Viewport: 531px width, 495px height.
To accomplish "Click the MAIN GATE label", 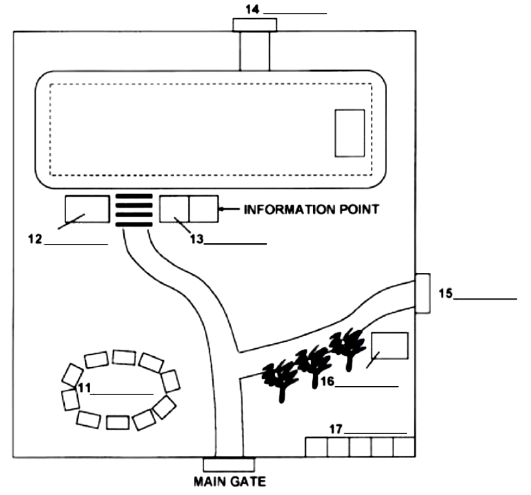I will click(x=229, y=481).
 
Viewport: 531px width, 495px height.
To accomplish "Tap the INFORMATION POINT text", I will click(x=311, y=210).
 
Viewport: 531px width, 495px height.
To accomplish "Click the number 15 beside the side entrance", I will click(x=445, y=293).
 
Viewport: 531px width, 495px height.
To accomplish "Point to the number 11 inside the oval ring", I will click(x=83, y=388).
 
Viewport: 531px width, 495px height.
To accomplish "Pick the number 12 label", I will click(x=34, y=239).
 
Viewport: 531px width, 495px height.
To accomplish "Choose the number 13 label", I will click(x=196, y=239).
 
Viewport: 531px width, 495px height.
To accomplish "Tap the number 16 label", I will click(x=326, y=381).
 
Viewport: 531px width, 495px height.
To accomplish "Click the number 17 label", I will click(x=335, y=428).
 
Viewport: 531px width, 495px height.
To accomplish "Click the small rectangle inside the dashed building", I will click(x=349, y=133).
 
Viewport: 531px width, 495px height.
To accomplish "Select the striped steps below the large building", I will click(x=134, y=210).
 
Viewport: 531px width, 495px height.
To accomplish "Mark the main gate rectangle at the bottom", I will click(x=229, y=465).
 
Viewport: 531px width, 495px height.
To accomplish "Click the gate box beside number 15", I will click(x=422, y=294).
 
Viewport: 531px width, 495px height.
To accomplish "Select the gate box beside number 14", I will click(x=254, y=25).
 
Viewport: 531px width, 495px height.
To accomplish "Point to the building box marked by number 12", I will click(x=88, y=210).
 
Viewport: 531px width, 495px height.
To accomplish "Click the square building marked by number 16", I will click(x=390, y=345).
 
